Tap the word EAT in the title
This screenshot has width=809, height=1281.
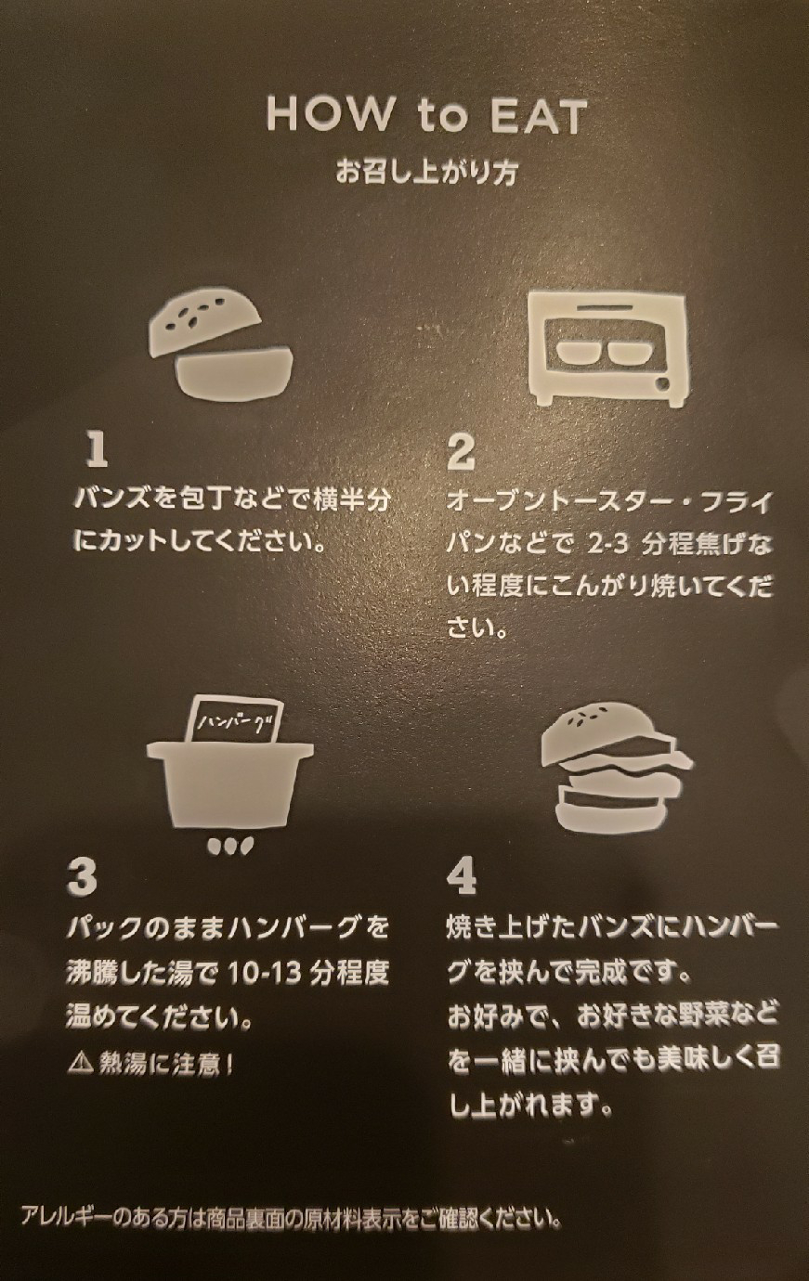539,115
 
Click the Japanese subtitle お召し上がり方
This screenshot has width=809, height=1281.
426,172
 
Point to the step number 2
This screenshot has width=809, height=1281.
461,452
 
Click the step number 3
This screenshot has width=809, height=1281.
82,877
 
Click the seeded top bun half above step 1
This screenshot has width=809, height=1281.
204,324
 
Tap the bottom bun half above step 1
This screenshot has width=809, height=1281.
236,370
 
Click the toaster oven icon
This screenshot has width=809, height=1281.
608,349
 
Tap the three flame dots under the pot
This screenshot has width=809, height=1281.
230,846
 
